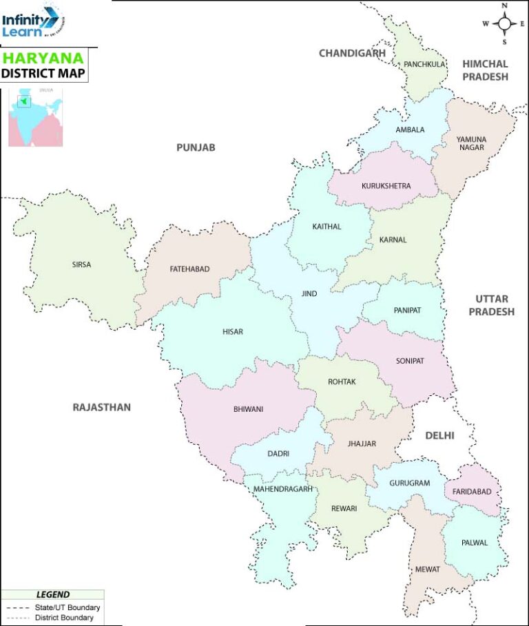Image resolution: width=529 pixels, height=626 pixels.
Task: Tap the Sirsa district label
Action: click(x=81, y=264)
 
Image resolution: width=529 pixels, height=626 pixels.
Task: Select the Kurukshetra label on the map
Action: click(x=386, y=186)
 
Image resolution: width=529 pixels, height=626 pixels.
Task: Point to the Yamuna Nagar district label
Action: click(x=471, y=143)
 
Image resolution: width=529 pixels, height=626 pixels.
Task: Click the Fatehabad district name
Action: click(x=189, y=269)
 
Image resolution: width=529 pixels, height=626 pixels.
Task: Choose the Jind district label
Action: click(x=309, y=294)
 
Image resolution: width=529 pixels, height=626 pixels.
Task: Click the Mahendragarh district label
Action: click(x=283, y=489)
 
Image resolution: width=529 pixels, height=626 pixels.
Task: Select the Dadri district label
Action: click(x=278, y=454)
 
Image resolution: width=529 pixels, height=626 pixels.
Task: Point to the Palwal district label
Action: click(x=475, y=543)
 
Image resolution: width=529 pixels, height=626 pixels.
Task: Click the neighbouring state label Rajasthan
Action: click(x=101, y=408)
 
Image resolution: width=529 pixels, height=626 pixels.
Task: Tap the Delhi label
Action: click(x=440, y=435)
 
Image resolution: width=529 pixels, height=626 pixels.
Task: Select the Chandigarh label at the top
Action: click(x=352, y=53)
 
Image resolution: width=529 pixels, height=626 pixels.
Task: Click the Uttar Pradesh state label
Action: click(x=492, y=305)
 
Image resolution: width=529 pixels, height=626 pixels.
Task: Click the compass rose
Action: click(x=505, y=23)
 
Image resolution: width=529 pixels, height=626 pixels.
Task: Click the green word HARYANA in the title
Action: click(x=35, y=58)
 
